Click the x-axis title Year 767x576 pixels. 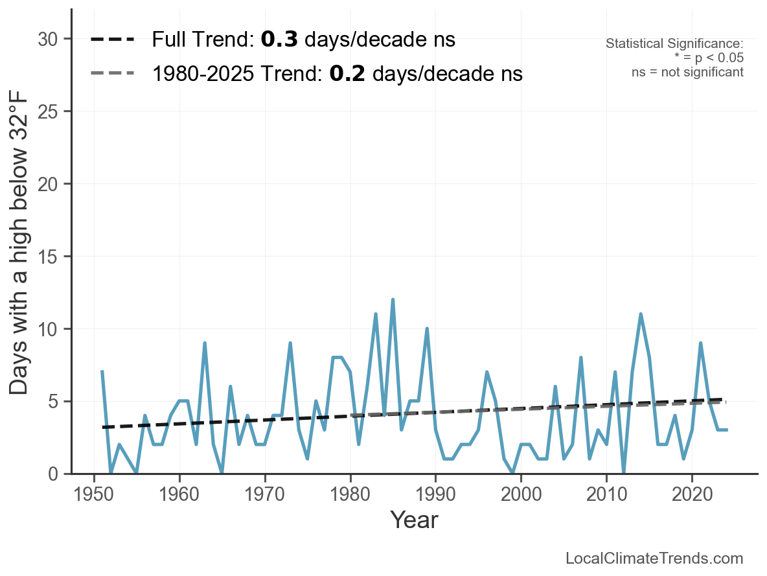414,520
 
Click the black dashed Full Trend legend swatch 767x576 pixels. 112,40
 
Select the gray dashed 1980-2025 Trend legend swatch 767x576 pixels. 112,73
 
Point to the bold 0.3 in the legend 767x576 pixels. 279,40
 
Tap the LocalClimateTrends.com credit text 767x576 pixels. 654,559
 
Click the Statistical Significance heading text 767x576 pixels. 674,44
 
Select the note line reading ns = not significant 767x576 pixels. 687,72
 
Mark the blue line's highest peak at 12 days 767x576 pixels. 393,300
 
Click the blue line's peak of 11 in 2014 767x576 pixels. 641,314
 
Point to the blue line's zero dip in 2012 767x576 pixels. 623,473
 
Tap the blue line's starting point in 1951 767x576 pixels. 102,372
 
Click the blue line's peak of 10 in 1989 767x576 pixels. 427,328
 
